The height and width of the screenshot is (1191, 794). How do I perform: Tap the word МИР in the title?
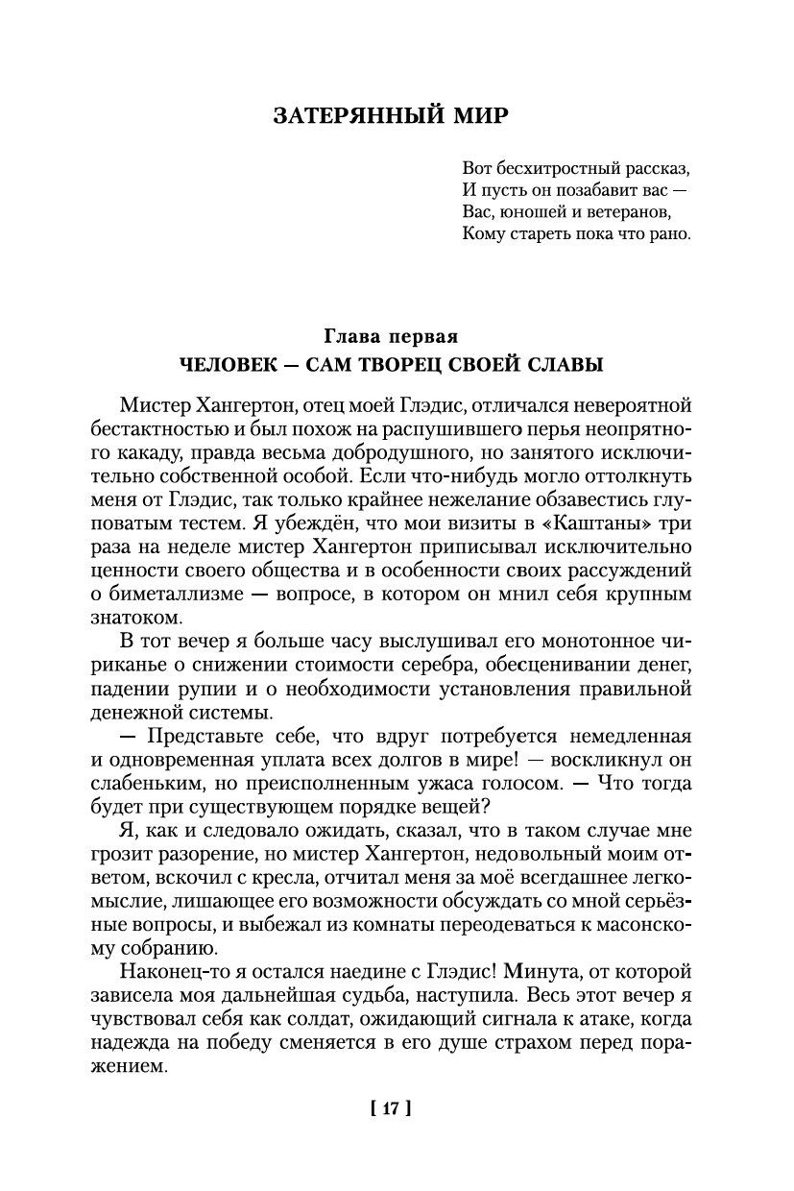(x=476, y=116)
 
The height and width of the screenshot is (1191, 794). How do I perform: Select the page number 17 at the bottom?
(x=390, y=1108)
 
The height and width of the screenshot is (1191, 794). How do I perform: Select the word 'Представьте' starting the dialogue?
(x=202, y=737)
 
